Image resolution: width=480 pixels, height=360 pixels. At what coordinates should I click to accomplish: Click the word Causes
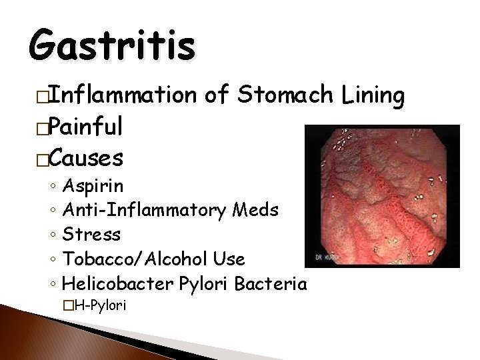[86, 159]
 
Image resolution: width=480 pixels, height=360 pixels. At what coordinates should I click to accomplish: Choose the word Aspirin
[93, 185]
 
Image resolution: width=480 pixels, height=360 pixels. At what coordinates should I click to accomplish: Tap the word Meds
[256, 210]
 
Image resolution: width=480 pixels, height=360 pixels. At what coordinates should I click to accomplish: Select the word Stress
[91, 235]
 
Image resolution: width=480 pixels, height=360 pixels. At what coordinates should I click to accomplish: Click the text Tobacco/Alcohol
[136, 259]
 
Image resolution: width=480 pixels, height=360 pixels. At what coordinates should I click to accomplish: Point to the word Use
[229, 259]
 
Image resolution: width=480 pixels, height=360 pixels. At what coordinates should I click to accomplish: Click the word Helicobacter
[118, 284]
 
